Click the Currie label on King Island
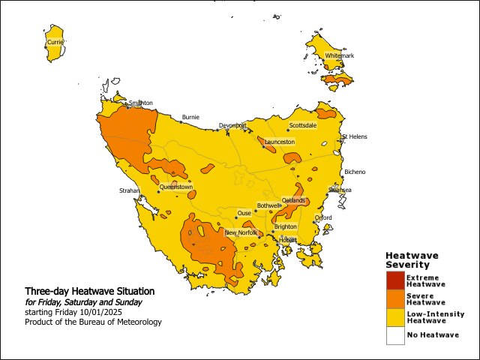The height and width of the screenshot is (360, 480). [55, 43]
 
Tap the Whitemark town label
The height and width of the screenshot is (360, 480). [339, 56]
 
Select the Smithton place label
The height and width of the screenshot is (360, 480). [141, 103]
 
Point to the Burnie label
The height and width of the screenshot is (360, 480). [190, 118]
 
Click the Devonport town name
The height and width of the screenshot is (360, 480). [232, 125]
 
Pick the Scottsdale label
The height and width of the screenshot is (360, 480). [303, 125]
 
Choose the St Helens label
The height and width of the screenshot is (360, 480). [355, 137]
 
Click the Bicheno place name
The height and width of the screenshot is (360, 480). [355, 172]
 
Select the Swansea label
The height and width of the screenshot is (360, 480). [340, 190]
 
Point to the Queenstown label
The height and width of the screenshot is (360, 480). [176, 187]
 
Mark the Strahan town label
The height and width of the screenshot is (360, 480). [130, 192]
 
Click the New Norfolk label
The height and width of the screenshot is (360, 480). [241, 233]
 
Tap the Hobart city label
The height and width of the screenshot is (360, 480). [288, 240]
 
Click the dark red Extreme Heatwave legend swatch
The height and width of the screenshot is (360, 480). [395, 280]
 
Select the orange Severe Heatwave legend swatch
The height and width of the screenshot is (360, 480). [395, 299]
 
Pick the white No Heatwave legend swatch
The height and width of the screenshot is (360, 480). [395, 335]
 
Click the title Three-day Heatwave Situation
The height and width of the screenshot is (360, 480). [89, 291]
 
